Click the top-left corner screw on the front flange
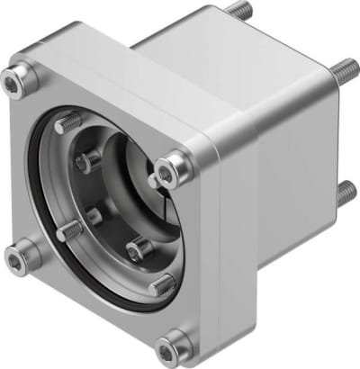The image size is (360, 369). click(15, 84)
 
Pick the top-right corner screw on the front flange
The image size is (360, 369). click(172, 167)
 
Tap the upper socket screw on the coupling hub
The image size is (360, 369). click(90, 161)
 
